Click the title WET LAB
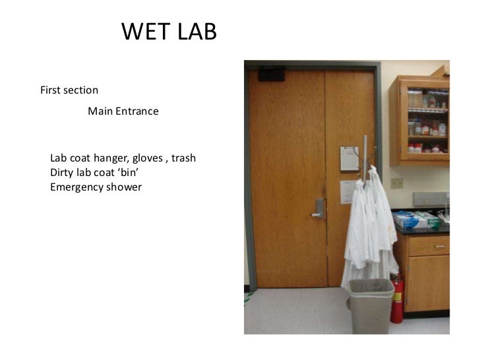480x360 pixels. (169, 32)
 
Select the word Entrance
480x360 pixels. (137, 111)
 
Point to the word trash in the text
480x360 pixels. (183, 159)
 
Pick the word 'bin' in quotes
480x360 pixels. (129, 173)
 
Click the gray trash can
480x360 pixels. (371, 306)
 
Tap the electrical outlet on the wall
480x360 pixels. (396, 183)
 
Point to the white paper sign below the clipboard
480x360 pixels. (348, 192)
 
